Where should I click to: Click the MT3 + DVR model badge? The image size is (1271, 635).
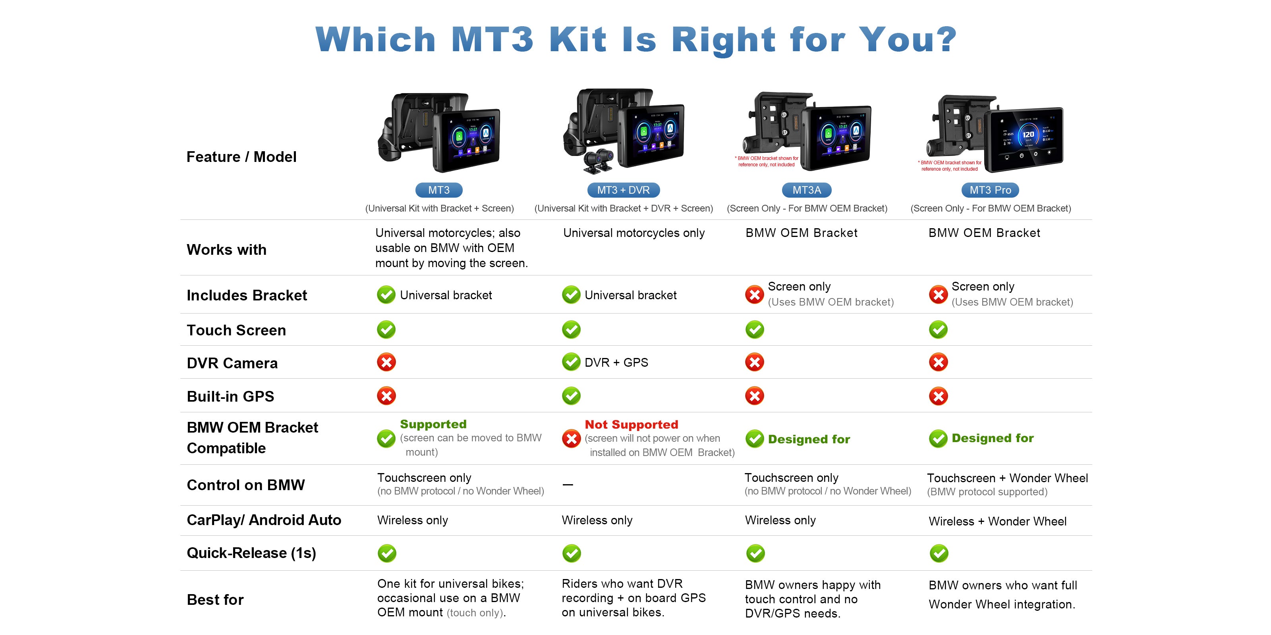623,190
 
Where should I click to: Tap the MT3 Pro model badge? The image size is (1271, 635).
990,190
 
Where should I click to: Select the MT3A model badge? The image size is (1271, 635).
806,190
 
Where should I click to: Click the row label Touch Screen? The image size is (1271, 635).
236,330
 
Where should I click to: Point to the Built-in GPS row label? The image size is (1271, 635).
230,396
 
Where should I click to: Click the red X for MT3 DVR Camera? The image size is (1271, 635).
386,362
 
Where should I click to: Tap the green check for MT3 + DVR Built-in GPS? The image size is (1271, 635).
572,395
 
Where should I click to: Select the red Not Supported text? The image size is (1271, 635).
631,425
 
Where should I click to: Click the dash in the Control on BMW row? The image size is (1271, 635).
568,485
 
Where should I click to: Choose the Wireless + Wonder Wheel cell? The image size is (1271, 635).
997,521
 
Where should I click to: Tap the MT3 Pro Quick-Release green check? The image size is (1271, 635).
939,553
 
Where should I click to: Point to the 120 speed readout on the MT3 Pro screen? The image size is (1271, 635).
1028,134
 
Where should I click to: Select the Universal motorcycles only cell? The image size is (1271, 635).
634,233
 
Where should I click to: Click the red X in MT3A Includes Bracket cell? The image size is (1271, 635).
754,295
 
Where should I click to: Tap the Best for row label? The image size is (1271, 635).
215,600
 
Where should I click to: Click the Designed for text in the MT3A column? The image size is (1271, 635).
809,439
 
